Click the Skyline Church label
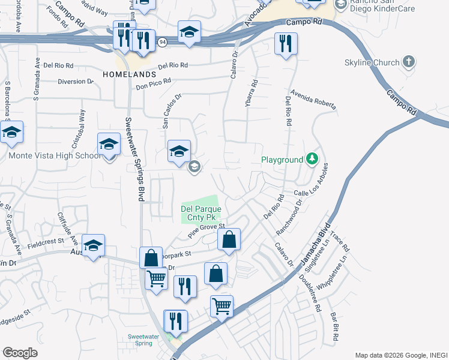(372, 62)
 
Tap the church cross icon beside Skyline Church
(409, 61)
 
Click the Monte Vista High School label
(55, 155)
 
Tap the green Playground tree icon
(312, 159)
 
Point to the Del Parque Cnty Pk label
(201, 213)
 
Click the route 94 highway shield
(162, 43)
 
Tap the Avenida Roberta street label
(315, 101)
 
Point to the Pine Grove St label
(206, 231)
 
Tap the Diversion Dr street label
(76, 81)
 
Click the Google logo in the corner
(20, 353)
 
